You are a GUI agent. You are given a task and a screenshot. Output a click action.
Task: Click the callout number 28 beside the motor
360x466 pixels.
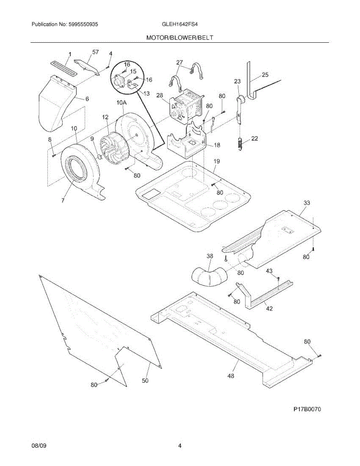[160, 96]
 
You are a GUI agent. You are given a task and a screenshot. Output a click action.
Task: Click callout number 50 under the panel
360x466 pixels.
[145, 381]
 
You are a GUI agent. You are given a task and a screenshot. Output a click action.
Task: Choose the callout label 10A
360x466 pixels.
[122, 103]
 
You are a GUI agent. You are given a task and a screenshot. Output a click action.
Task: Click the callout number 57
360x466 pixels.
[96, 52]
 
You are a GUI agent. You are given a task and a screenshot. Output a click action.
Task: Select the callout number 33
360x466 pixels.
[307, 203]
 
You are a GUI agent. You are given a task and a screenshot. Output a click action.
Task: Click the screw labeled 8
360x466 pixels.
[53, 155]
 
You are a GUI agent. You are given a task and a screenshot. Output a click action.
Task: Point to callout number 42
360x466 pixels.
[269, 309]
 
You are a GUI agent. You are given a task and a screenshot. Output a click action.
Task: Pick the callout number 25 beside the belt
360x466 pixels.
[265, 75]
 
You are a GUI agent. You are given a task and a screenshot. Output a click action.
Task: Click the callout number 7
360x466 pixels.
[63, 200]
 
